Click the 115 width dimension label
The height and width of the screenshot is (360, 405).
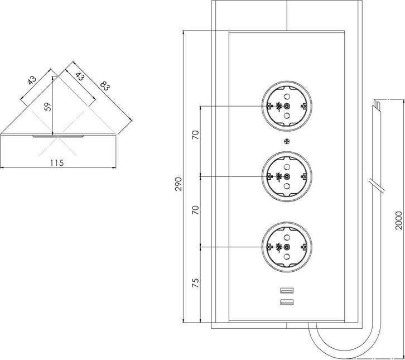[56, 162]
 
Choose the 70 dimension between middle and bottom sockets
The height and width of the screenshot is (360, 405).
[195, 210]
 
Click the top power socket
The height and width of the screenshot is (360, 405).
[286, 106]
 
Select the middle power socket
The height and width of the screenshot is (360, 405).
[286, 176]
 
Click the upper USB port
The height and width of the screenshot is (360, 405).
[286, 291]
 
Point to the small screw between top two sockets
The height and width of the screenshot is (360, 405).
[286, 141]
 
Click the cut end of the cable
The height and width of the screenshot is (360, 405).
[378, 103]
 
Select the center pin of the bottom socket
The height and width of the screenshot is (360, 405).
[286, 247]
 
